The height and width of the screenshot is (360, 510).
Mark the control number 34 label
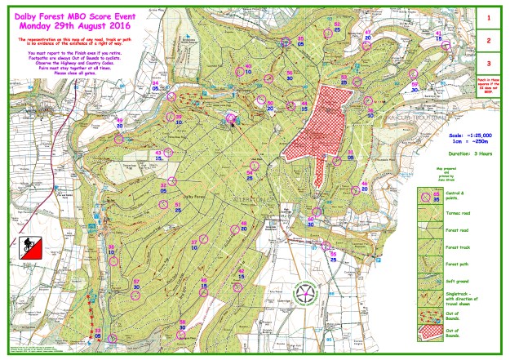(x=156, y=82)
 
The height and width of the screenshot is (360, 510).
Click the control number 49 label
(x=119, y=120)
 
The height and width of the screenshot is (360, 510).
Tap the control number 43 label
(x=158, y=152)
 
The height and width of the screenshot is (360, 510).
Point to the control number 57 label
(x=136, y=282)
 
